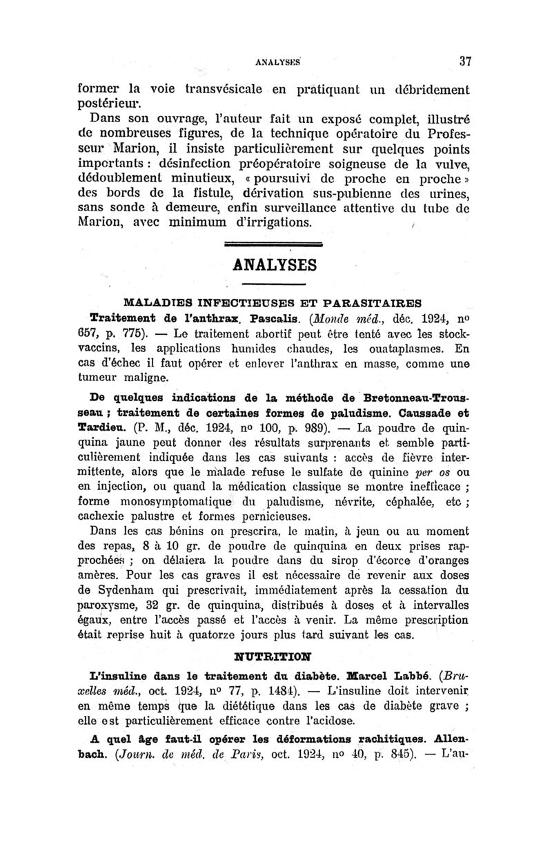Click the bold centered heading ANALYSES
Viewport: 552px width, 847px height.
pyautogui.click(x=275, y=265)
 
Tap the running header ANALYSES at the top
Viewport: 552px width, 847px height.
pyautogui.click(x=275, y=61)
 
